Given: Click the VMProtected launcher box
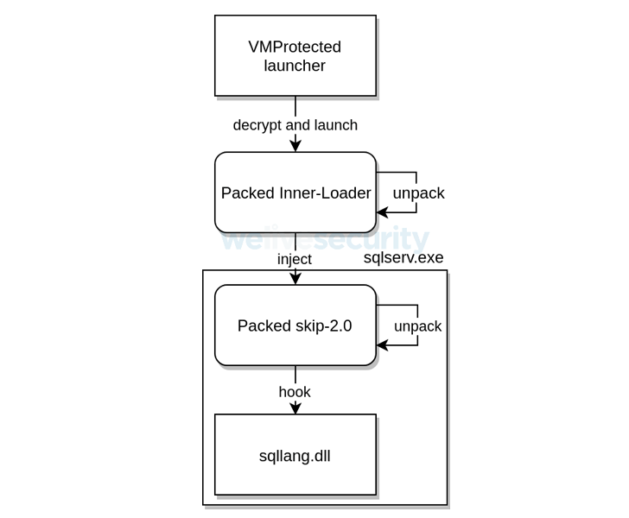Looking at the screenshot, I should (x=295, y=55).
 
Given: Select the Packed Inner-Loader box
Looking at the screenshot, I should (x=295, y=193).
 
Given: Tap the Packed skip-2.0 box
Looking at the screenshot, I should (x=295, y=325).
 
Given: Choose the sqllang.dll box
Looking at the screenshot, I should (x=295, y=455).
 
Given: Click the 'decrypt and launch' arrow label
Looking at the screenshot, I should (x=295, y=125).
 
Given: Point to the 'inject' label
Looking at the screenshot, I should (x=295, y=259).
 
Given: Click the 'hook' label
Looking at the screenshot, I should (x=295, y=392).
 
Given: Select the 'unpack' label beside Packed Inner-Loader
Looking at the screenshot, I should (x=418, y=193).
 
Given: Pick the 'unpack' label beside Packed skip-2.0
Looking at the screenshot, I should (x=418, y=326).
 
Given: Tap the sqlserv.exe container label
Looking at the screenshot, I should (x=403, y=257).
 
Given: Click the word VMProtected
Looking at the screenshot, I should (x=295, y=47).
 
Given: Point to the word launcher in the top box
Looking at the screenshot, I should (x=295, y=66).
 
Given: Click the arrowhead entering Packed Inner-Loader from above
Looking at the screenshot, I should (x=295, y=148).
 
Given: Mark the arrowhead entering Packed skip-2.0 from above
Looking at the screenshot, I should (x=295, y=280).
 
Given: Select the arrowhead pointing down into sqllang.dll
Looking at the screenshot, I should (x=295, y=409).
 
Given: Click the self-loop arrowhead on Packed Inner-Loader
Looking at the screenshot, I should (x=381, y=212).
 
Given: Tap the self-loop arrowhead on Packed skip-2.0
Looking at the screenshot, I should (x=381, y=345).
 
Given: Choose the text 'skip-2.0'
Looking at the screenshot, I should (x=324, y=325).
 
